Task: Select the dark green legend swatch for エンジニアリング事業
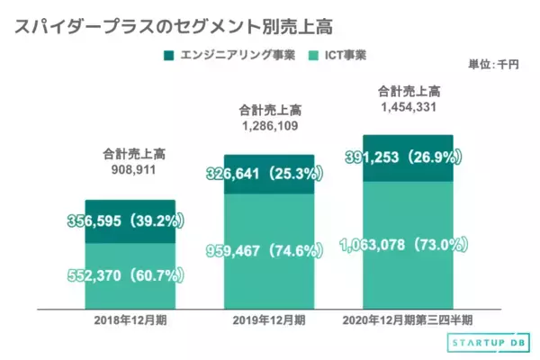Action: click(167, 57)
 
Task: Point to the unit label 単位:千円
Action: click(494, 64)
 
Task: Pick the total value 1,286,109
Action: click(269, 127)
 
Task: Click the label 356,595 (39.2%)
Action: click(125, 220)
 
